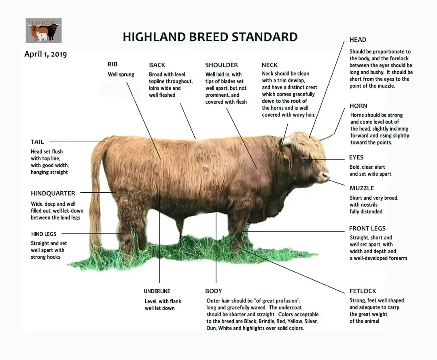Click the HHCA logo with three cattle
(x=44, y=31)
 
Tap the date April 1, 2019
(x=45, y=54)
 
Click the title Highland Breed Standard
(x=210, y=37)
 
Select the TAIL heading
(x=37, y=142)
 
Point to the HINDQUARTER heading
(x=53, y=193)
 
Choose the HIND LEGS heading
(x=43, y=234)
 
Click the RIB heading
(x=112, y=64)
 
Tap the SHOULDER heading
(x=222, y=65)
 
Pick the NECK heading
(x=269, y=65)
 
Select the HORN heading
(x=359, y=106)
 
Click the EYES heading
(x=356, y=157)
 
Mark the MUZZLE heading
(x=362, y=188)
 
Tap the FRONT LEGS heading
(x=367, y=229)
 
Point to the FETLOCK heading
(x=363, y=291)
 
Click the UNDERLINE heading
(x=157, y=292)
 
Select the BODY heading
(x=214, y=291)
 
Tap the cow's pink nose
(x=325, y=176)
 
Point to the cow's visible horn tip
(x=333, y=135)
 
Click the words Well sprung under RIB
(x=121, y=75)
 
